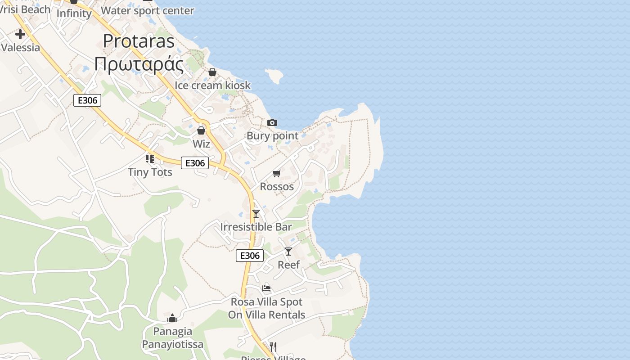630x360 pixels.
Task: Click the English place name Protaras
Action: pyautogui.click(x=139, y=41)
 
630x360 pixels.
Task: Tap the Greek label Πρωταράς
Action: pyautogui.click(x=139, y=64)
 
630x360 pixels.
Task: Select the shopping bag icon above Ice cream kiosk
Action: pyautogui.click(x=212, y=72)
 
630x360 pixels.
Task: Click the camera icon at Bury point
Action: pyautogui.click(x=272, y=122)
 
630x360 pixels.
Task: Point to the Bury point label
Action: pyautogui.click(x=272, y=136)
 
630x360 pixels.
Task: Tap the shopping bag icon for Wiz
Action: pyautogui.click(x=201, y=130)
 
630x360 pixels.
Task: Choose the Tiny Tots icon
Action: pyautogui.click(x=150, y=158)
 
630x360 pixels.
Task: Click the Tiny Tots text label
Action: pyautogui.click(x=150, y=172)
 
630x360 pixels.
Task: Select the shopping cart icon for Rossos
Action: pyautogui.click(x=277, y=173)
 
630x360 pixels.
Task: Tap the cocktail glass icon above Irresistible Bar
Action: pyautogui.click(x=256, y=213)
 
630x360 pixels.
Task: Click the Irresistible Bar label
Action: pyautogui.click(x=256, y=227)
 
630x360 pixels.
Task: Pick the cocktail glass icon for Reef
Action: pyautogui.click(x=288, y=251)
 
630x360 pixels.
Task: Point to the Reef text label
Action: pyautogui.click(x=288, y=265)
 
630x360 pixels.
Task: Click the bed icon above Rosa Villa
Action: pyautogui.click(x=266, y=288)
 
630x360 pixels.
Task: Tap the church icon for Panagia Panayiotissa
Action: pyautogui.click(x=172, y=319)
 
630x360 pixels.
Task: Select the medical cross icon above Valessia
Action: pyautogui.click(x=20, y=34)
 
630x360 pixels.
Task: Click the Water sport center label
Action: pyautogui.click(x=148, y=10)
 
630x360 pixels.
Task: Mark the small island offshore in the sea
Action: pyautogui.click(x=274, y=76)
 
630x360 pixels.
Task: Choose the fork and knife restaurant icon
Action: pyautogui.click(x=273, y=346)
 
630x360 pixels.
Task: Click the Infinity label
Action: pyautogui.click(x=74, y=13)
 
